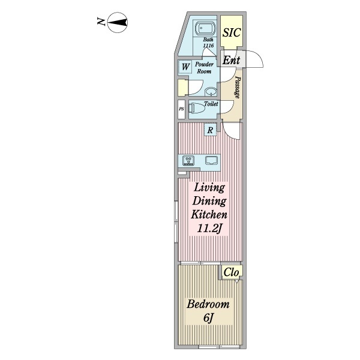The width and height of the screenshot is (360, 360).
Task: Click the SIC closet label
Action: click(x=232, y=32)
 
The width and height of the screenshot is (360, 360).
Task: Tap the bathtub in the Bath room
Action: click(x=205, y=29)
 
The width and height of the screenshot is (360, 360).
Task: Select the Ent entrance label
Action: click(x=231, y=61)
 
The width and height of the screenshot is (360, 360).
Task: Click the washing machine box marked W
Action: click(x=185, y=67)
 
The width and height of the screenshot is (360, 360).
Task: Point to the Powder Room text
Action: click(x=204, y=68)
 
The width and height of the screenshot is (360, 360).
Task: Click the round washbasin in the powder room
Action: click(x=211, y=92)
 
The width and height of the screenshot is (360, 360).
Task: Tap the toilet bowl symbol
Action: click(x=197, y=108)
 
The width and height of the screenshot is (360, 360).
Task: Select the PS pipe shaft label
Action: click(x=181, y=109)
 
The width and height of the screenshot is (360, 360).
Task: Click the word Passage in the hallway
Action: click(x=238, y=88)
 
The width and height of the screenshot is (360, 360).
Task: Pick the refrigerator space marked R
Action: click(x=211, y=130)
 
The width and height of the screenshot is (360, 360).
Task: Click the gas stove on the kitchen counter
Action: click(x=188, y=160)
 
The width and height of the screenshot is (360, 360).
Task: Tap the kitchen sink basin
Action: click(x=211, y=160)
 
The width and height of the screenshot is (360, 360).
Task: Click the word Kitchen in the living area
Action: click(x=209, y=215)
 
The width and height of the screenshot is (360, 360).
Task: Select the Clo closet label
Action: click(x=231, y=272)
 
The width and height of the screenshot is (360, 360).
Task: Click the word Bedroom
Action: click(x=208, y=304)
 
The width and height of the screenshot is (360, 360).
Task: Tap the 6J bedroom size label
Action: click(x=208, y=318)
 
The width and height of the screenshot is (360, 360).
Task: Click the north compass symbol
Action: click(x=118, y=23)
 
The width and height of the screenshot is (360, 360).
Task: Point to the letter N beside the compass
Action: click(x=101, y=22)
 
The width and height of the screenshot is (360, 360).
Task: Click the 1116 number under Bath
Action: click(x=208, y=46)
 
